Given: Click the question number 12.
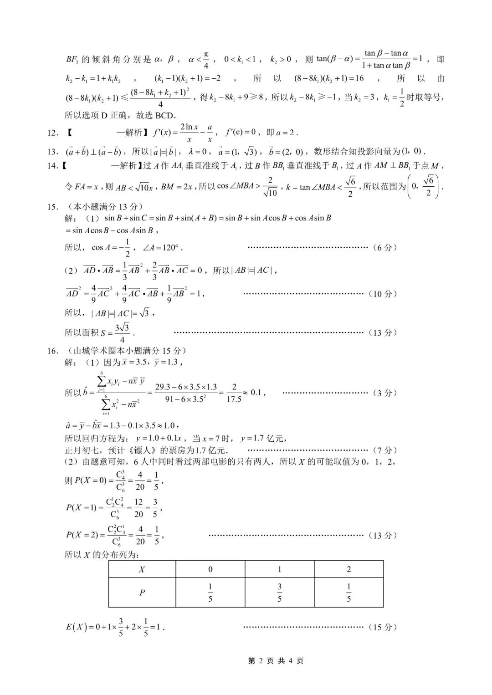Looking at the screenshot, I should pyautogui.click(x=52, y=133).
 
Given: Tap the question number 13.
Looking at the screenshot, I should pyautogui.click(x=52, y=152).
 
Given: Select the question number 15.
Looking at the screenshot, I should pyautogui.click(x=52, y=207).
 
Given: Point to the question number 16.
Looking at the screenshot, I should pyautogui.click(x=52, y=351).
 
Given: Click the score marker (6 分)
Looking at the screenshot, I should pyautogui.click(x=384, y=248).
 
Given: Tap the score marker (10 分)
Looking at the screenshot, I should pyautogui.click(x=382, y=294).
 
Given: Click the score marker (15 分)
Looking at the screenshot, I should pyautogui.click(x=382, y=627).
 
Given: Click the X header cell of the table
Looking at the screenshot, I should pyautogui.click(x=142, y=569).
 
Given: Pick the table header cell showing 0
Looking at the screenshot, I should pyautogui.click(x=210, y=569).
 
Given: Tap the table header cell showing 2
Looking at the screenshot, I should pyautogui.click(x=349, y=569).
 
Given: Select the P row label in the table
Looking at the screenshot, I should pyautogui.click(x=142, y=593).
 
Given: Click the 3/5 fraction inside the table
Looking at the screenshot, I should pyautogui.click(x=279, y=593).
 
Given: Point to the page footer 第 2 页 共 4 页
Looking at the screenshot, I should pyautogui.click(x=276, y=661).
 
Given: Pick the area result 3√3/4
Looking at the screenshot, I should pyautogui.click(x=122, y=333).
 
